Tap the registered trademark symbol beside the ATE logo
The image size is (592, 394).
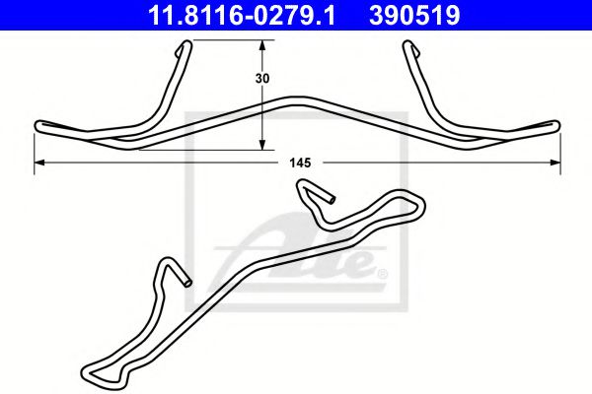pos(382,273)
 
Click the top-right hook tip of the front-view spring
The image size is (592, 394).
pos(411,45)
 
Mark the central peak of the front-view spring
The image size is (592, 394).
pos(296,98)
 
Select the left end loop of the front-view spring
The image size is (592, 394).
pos(41,125)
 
